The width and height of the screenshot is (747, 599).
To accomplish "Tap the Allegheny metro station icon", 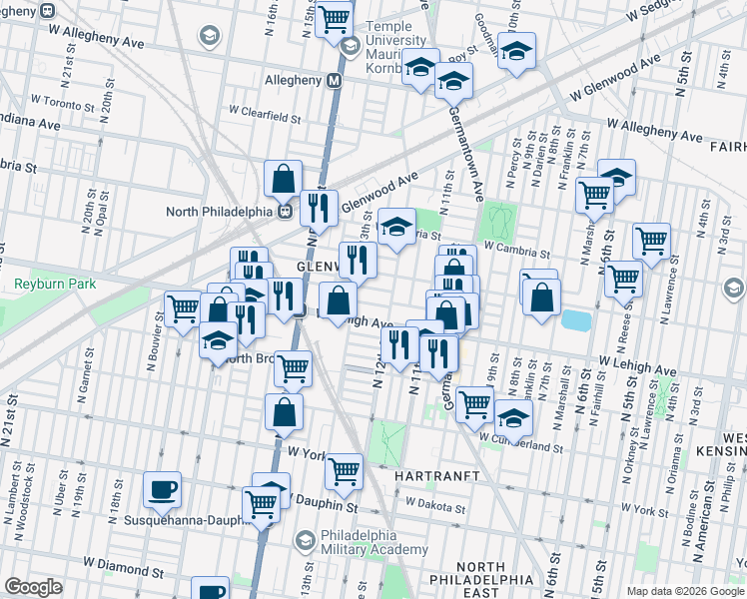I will tap(334, 80).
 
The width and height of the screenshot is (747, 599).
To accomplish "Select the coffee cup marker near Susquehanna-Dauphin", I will tap(162, 489).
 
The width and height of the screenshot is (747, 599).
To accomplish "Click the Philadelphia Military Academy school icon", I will tap(306, 540).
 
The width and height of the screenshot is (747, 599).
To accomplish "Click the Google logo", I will tap(34, 586).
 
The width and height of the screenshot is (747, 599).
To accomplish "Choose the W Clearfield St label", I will tap(265, 117).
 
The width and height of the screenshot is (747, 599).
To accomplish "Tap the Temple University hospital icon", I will tap(350, 46).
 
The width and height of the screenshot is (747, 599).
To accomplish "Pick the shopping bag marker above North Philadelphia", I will tap(284, 179).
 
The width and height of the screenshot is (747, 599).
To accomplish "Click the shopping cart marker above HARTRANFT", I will tap(344, 470).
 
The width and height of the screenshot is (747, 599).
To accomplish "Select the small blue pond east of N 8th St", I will tap(575, 320).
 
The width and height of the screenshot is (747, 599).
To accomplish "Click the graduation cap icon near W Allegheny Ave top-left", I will tap(208, 38).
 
